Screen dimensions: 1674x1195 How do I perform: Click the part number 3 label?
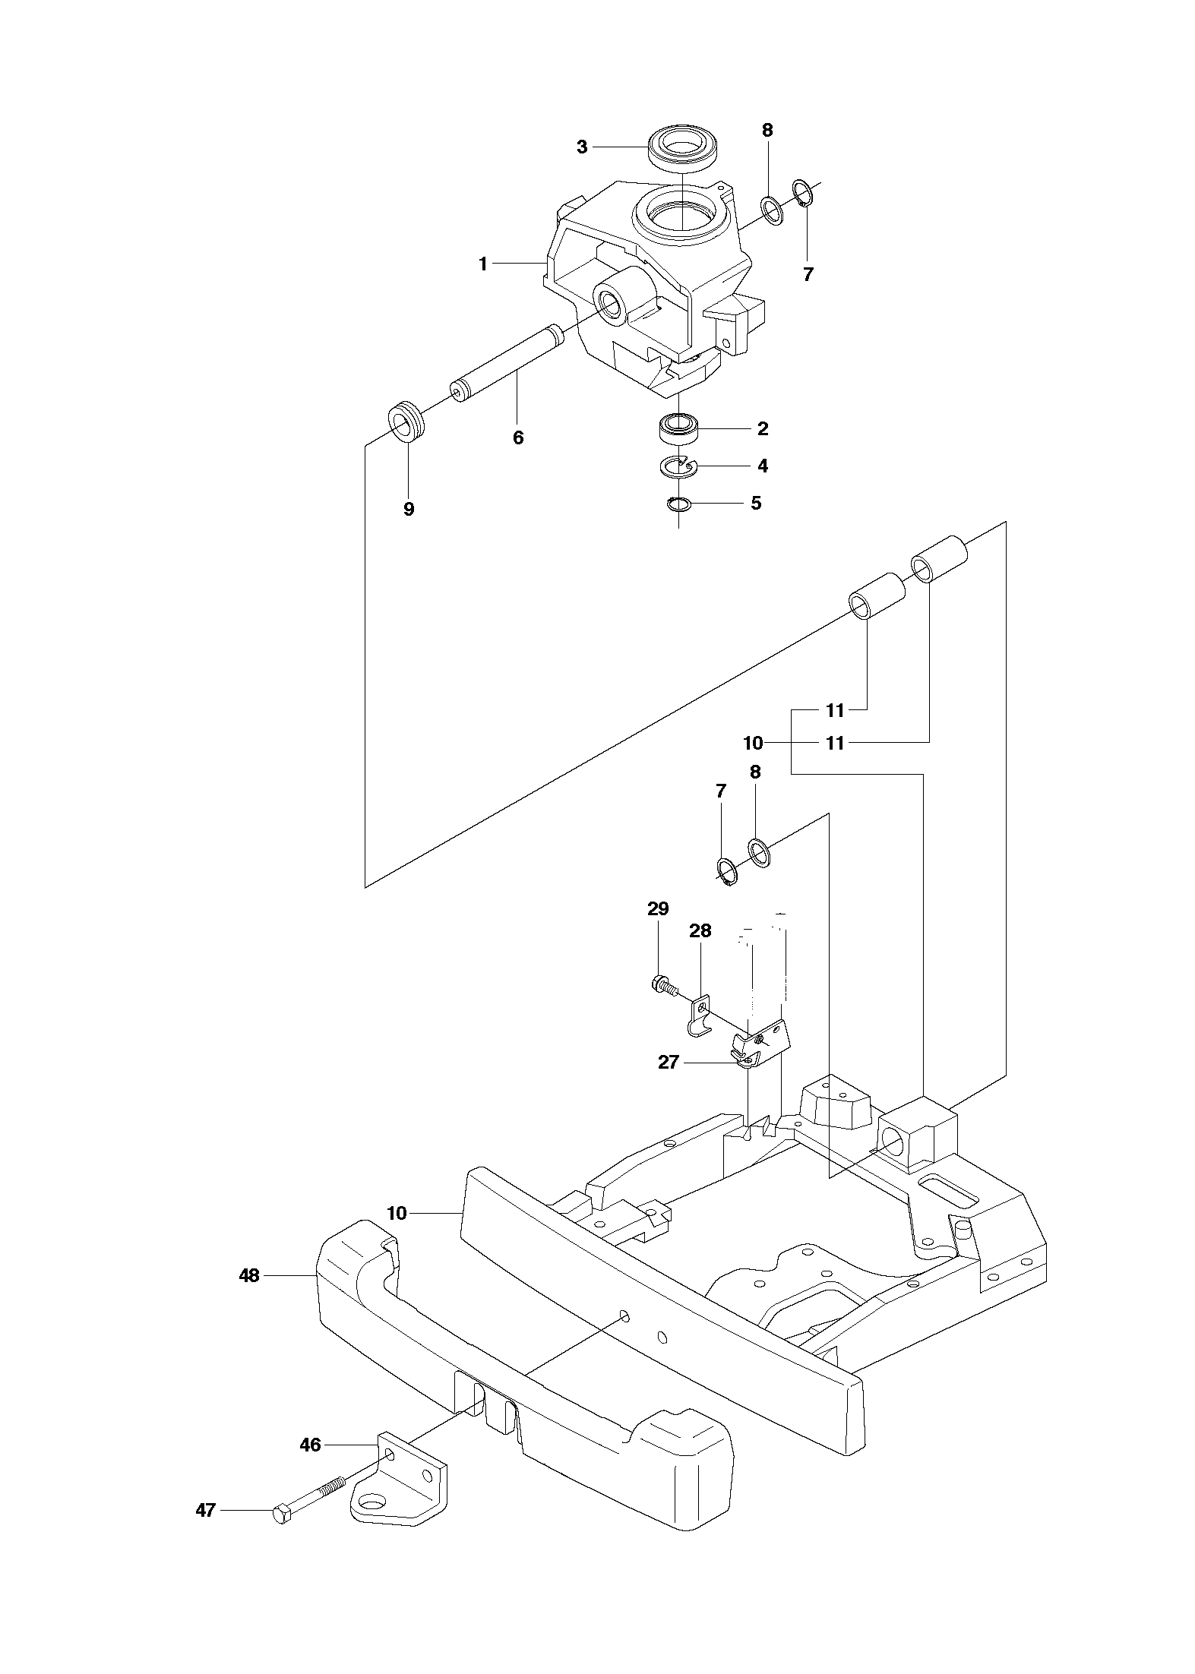coord(582,147)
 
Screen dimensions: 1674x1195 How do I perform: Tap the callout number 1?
coord(483,264)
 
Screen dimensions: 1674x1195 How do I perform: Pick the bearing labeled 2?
coord(678,430)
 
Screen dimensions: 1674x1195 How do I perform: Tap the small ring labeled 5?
coord(678,503)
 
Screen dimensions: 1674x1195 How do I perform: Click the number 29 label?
coord(658,909)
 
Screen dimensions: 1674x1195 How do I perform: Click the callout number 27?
coord(668,1063)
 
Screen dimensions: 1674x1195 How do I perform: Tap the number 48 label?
coord(249,1276)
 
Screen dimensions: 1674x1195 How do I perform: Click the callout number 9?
coord(409,509)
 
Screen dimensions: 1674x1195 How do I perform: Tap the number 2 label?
coord(763,429)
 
